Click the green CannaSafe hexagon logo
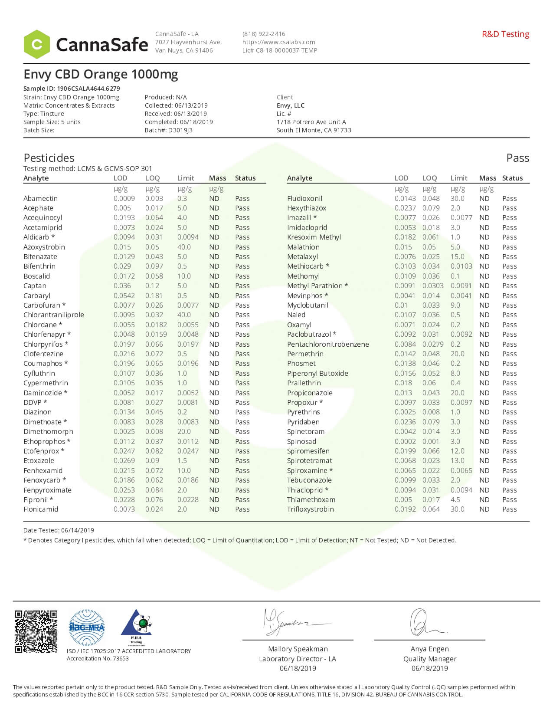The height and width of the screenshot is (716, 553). (x=37, y=44)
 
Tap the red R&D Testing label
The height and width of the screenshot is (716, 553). (x=505, y=34)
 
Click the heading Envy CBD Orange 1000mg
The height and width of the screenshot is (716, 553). (x=101, y=74)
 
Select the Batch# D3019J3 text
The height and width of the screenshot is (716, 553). (x=168, y=130)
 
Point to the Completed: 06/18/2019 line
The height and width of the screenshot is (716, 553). (x=179, y=122)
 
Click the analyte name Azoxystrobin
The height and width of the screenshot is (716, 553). (x=44, y=247)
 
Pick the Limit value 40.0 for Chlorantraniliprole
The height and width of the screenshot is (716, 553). (x=184, y=315)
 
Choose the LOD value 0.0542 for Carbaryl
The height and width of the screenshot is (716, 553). (x=124, y=296)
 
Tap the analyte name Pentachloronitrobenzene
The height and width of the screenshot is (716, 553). (x=328, y=344)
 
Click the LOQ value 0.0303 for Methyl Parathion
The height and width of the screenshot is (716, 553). (x=433, y=286)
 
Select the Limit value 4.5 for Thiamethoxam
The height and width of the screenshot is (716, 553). (x=455, y=499)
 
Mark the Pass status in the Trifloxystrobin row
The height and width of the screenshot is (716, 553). (x=509, y=509)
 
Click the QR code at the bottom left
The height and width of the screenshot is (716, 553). (x=36, y=631)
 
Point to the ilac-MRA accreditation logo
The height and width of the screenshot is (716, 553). (x=87, y=627)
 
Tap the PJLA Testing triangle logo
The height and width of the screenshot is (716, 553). (x=136, y=627)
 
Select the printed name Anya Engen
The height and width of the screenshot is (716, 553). (x=429, y=649)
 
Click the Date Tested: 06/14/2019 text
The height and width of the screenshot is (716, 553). (x=59, y=530)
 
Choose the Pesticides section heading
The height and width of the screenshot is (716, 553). (x=49, y=158)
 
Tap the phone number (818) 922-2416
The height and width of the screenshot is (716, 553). (x=264, y=34)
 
